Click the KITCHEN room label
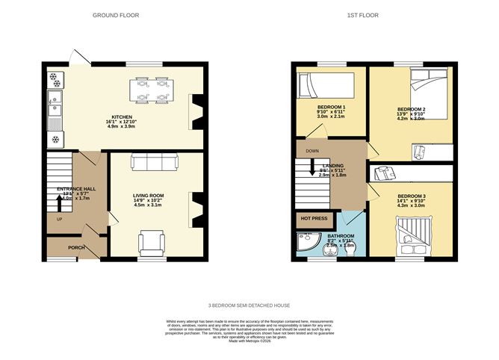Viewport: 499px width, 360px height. pos(123,117)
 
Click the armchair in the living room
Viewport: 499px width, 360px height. pos(152,243)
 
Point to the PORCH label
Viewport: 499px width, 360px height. pos(76,248)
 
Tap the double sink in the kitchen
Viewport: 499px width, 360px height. pos(55,112)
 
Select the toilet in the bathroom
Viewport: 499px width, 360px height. pos(330,249)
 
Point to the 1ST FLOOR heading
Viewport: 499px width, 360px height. pos(376,15)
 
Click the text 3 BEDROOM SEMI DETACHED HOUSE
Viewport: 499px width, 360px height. pos(249,305)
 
